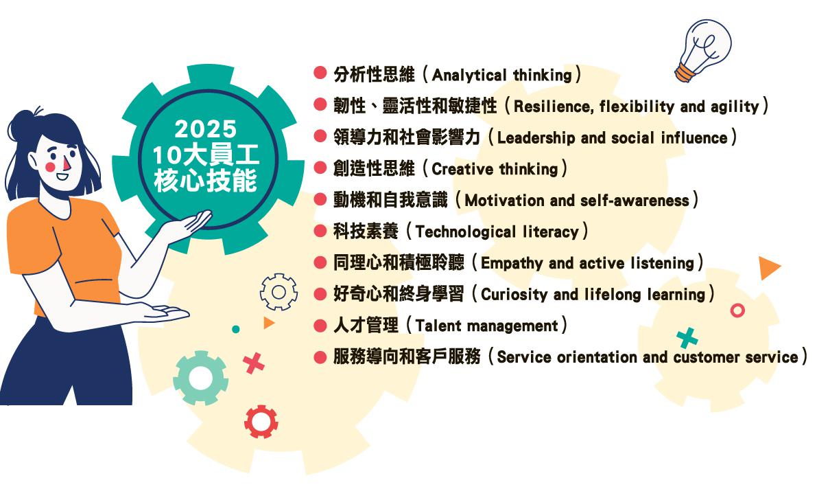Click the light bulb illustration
pyautogui.click(x=703, y=49)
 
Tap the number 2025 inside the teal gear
pyautogui.click(x=206, y=129)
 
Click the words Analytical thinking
pyautogui.click(x=501, y=75)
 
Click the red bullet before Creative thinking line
pyautogui.click(x=320, y=168)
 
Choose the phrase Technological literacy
pyautogui.click(x=497, y=231)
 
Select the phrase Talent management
pyautogui.click(x=486, y=326)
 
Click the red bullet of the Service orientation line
pyautogui.click(x=320, y=357)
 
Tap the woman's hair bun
pyautogui.click(x=23, y=125)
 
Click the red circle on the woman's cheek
pyautogui.click(x=50, y=167)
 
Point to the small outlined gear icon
pyautogui.click(x=279, y=292)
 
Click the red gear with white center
pyautogui.click(x=261, y=421)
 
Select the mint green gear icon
pyautogui.click(x=200, y=378)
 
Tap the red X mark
pyautogui.click(x=254, y=363)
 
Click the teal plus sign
pyautogui.click(x=687, y=338)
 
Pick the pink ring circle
pyautogui.click(x=737, y=310)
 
